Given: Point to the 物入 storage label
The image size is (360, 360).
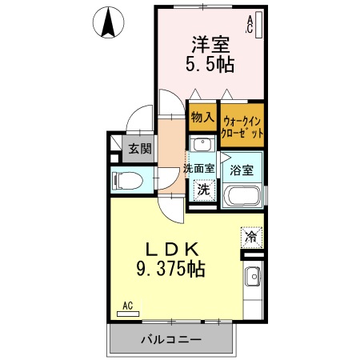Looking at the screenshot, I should click(x=202, y=117).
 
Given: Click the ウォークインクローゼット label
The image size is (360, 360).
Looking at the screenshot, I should click(x=242, y=127).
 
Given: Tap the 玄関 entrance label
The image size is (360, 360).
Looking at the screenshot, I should click(x=142, y=149).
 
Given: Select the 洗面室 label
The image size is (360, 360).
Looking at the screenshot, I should click(x=198, y=168).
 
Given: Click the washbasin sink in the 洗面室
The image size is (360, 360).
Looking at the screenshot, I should click(x=202, y=145).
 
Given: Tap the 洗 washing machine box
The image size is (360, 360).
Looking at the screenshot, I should click(x=204, y=190).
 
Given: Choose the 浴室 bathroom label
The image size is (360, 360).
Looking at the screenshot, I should click(x=242, y=170).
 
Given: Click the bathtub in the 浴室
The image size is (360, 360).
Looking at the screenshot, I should click(x=243, y=196).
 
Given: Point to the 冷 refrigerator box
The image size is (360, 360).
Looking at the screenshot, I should click(x=251, y=237).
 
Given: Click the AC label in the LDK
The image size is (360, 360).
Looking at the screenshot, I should click(x=128, y=305).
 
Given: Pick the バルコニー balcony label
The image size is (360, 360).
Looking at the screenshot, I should click(x=171, y=338).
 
